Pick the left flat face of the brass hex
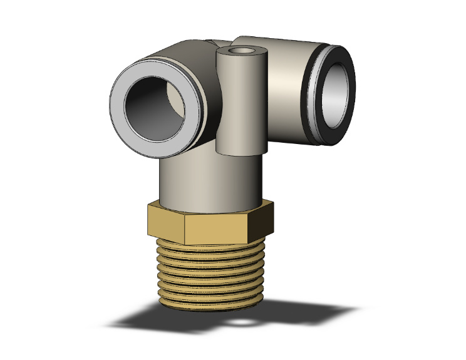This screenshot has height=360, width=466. point(165,222)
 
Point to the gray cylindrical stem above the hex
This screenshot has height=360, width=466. point(207,182)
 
